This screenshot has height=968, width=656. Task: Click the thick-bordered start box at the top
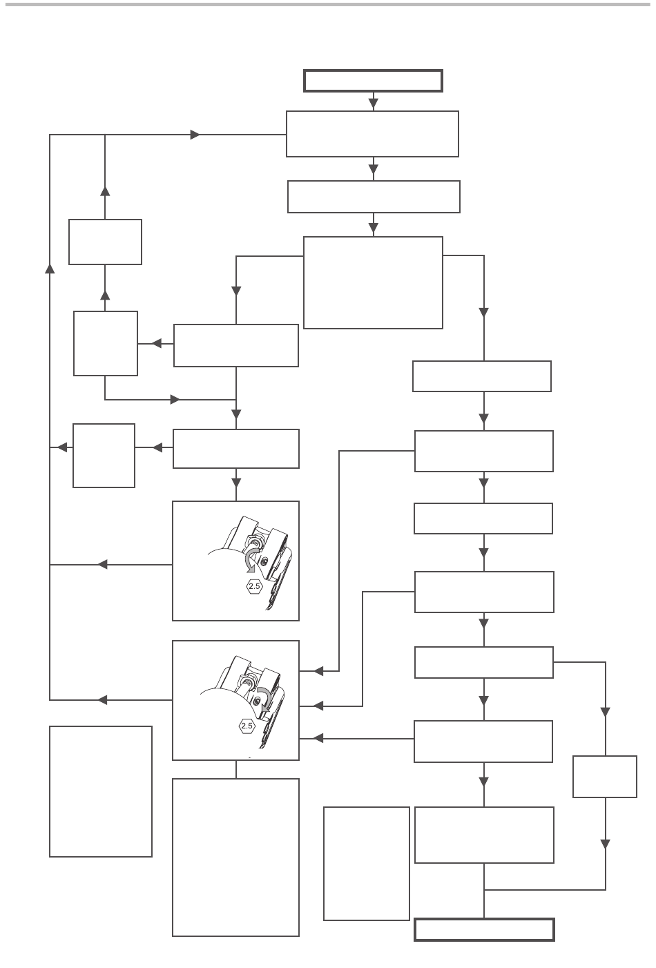373,81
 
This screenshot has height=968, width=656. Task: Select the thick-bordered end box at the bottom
484,929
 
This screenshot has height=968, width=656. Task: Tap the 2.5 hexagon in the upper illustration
253,587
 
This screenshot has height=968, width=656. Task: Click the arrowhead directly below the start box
374,104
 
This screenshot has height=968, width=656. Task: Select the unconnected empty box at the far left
101,791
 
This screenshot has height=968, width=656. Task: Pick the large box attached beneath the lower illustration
235,858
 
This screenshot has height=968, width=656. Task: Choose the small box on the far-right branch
605,777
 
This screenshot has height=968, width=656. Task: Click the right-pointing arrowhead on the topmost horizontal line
195,135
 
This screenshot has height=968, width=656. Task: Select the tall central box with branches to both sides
373,282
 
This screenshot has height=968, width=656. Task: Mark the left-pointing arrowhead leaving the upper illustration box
103,565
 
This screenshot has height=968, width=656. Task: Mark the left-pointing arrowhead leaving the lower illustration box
103,700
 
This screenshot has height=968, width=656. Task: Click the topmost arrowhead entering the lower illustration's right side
318,670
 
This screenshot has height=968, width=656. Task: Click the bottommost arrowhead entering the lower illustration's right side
318,738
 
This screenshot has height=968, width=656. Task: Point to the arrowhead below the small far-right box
606,844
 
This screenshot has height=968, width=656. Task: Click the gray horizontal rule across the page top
328,5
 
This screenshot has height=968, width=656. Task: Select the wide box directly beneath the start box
373,134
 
